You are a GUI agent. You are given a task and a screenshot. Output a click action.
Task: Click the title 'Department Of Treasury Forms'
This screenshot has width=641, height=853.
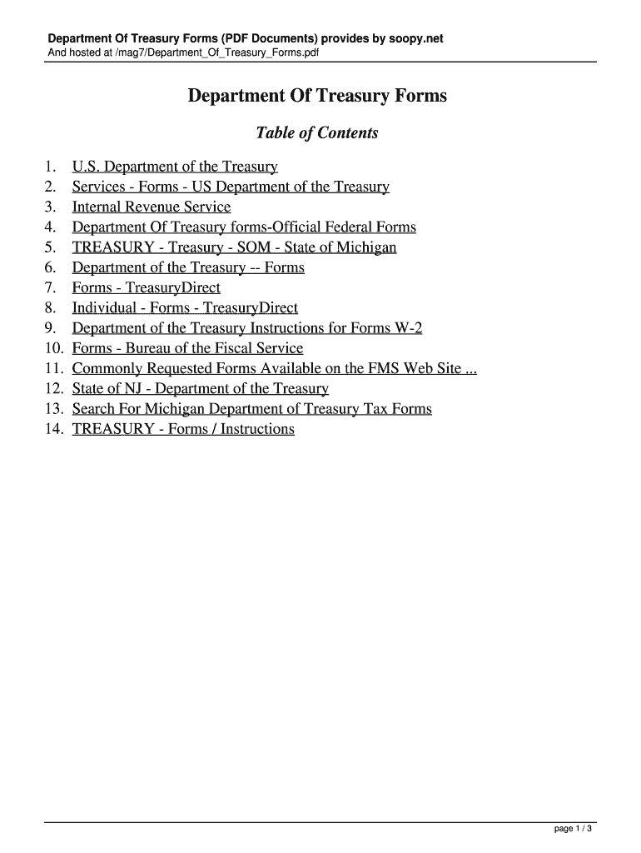(x=316, y=97)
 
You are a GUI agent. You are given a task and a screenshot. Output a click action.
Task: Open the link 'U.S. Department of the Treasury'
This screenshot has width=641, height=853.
(x=175, y=167)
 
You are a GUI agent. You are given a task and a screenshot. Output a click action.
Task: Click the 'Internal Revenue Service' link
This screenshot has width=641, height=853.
(x=152, y=207)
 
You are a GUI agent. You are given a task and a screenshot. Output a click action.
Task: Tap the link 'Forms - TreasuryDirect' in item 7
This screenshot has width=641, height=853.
(x=147, y=288)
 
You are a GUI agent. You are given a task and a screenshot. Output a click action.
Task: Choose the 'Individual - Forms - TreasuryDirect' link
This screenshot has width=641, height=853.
(x=185, y=308)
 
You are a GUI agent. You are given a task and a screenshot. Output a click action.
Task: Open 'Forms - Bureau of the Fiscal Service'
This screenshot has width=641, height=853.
(x=187, y=349)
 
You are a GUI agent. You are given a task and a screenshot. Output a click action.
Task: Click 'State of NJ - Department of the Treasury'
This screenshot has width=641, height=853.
(x=200, y=389)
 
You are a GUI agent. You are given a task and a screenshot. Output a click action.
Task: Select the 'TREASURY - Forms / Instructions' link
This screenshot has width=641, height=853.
(x=183, y=430)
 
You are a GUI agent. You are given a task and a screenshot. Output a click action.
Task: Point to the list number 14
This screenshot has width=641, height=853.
(x=54, y=430)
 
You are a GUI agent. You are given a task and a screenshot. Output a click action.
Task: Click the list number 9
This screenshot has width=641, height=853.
(x=51, y=328)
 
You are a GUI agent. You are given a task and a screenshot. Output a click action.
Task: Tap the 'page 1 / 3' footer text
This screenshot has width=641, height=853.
(x=573, y=829)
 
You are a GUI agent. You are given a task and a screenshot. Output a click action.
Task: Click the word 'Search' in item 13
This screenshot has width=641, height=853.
(x=95, y=409)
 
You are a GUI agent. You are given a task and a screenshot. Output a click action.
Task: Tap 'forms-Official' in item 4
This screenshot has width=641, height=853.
(x=276, y=227)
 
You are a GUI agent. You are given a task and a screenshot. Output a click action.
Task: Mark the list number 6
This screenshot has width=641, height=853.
(x=51, y=268)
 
